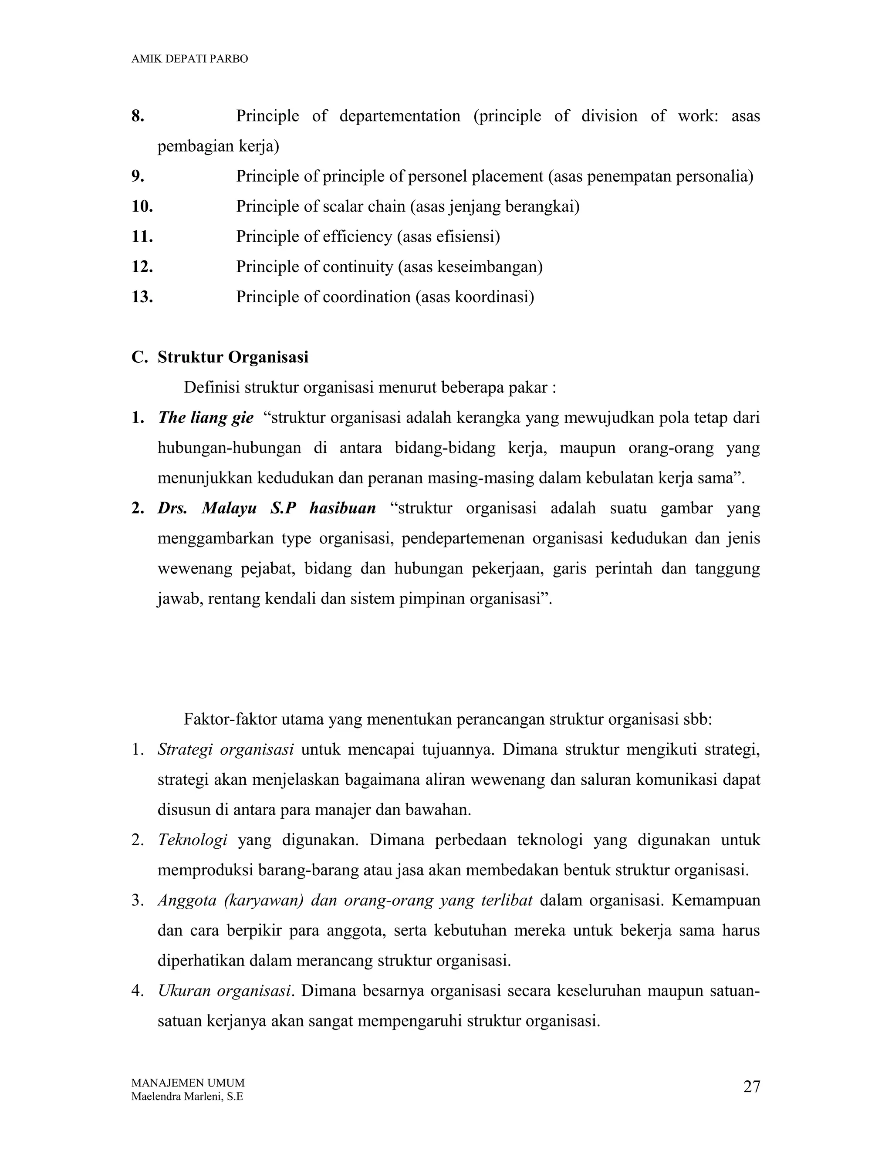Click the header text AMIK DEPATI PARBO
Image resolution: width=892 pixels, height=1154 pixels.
pos(189,59)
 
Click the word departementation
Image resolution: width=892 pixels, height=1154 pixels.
pos(399,116)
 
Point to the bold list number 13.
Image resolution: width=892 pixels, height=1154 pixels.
pos(142,297)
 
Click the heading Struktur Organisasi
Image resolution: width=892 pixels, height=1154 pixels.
pos(233,357)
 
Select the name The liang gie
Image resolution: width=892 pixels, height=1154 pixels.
pos(206,418)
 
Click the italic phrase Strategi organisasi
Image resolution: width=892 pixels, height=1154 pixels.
pos(225,750)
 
